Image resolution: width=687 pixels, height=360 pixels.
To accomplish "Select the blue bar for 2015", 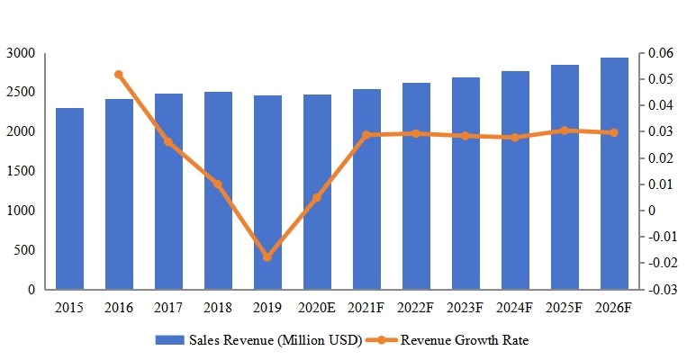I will pyautogui.click(x=69, y=199).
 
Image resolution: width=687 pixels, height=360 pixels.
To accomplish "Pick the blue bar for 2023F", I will pyautogui.click(x=466, y=184).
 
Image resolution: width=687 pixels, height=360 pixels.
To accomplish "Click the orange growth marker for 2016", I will pyautogui.click(x=119, y=75).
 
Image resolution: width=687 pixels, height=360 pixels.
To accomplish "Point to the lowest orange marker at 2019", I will pyautogui.click(x=267, y=257).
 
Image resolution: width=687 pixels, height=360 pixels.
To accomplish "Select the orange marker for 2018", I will pyautogui.click(x=218, y=184).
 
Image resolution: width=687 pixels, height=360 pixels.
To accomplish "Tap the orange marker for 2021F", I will pyautogui.click(x=366, y=135).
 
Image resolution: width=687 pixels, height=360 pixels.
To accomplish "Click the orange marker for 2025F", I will pyautogui.click(x=565, y=130).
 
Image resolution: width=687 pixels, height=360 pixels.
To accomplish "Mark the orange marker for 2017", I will pyautogui.click(x=168, y=142).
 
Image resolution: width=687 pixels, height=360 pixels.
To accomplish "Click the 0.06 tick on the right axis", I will pyautogui.click(x=660, y=54).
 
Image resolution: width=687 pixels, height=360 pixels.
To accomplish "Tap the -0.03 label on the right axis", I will pyautogui.click(x=662, y=290).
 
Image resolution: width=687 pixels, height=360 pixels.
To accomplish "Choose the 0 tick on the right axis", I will pyautogui.click(x=651, y=211).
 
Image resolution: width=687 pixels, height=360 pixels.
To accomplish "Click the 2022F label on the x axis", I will pyautogui.click(x=416, y=308).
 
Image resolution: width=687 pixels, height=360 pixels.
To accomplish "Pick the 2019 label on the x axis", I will pyautogui.click(x=267, y=308).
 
